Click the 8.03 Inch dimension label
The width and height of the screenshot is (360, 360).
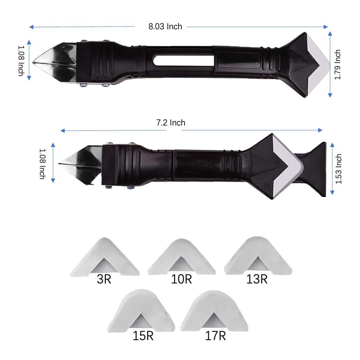click(x=165, y=27)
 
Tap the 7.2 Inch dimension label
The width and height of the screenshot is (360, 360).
click(x=171, y=122)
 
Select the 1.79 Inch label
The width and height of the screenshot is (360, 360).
click(x=337, y=65)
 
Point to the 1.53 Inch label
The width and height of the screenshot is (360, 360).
click(x=338, y=169)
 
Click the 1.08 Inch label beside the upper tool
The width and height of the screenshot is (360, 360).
click(x=21, y=61)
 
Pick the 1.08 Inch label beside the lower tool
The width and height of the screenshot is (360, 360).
click(x=43, y=164)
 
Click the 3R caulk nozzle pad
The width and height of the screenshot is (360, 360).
click(x=104, y=256)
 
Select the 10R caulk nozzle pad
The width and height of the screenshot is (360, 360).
click(x=181, y=256)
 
